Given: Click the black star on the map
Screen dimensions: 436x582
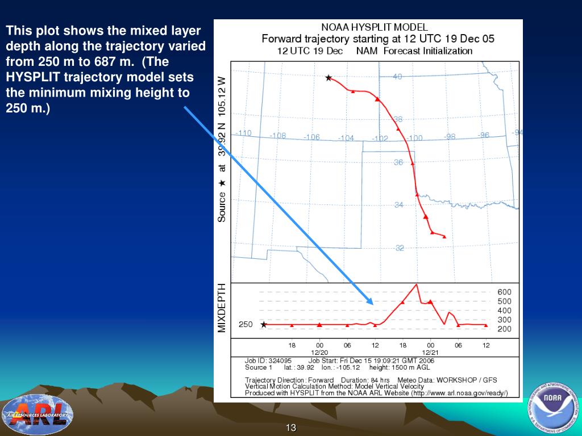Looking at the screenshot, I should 328,78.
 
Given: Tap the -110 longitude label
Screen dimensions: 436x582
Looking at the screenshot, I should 243,133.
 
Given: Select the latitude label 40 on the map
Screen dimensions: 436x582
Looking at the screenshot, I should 398,77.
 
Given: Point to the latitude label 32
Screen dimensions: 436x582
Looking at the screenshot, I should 400,248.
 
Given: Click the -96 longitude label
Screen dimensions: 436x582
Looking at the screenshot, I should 484,135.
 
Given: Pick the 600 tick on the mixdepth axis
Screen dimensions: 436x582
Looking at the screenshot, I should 504,292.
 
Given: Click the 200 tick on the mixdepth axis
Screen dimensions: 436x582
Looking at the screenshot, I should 504,329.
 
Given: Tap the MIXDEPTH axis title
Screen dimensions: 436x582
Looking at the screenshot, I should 222,308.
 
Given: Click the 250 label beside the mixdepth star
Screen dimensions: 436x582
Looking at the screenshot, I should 246,325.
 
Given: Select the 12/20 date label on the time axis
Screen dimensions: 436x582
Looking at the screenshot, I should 319,353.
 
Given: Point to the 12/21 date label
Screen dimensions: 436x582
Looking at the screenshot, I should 430,353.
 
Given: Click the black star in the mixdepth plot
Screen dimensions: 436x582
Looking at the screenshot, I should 264,325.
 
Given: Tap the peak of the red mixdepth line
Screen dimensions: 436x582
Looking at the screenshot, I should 417,284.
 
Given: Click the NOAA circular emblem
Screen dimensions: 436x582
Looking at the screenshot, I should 551,404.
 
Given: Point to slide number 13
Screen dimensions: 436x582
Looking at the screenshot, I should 291,427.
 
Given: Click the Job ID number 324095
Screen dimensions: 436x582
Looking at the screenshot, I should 280,360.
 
